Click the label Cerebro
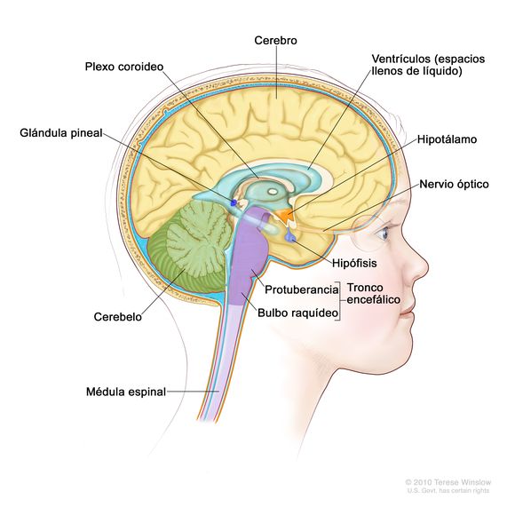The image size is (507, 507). point(276,41)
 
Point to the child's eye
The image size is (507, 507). point(383,234)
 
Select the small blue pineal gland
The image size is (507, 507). point(234,203)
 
